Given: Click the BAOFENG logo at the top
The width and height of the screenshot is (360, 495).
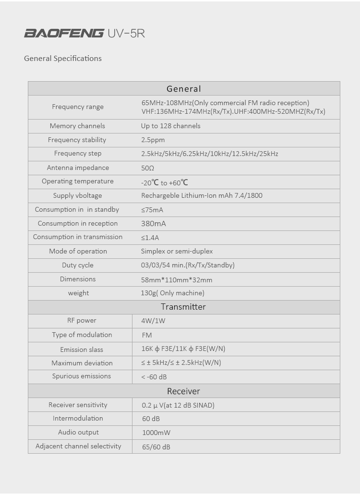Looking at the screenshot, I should [x=64, y=33].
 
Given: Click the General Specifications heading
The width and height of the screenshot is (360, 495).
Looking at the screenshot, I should [x=63, y=59].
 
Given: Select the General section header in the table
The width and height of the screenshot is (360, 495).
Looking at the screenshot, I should [x=183, y=89].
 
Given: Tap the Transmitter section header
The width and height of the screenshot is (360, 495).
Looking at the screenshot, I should [x=183, y=307].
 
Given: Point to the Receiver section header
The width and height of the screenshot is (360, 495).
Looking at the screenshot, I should [x=183, y=391].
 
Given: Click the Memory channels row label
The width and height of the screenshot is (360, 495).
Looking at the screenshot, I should [x=77, y=126].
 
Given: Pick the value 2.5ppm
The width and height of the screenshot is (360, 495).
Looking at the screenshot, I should [x=153, y=140].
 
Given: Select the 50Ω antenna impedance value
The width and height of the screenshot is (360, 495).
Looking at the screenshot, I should [x=147, y=168].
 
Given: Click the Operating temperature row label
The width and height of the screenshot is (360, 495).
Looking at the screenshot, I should [x=78, y=181].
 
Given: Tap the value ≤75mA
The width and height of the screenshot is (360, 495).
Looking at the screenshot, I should [x=152, y=210].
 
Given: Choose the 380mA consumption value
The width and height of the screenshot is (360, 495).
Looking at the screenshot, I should [x=154, y=224].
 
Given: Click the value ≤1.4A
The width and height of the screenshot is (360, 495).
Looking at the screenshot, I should [x=150, y=238].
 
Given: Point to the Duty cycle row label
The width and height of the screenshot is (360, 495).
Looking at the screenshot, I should [x=78, y=266].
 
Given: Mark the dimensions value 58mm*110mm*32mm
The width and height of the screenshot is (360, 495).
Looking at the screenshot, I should [x=176, y=279].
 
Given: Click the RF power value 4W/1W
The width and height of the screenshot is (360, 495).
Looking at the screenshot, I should [x=153, y=321].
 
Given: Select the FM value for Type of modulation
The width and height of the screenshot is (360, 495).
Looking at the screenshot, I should [x=147, y=335].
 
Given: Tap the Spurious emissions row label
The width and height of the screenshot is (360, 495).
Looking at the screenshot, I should [x=82, y=376].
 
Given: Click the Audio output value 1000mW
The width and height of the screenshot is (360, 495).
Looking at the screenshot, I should [x=156, y=433].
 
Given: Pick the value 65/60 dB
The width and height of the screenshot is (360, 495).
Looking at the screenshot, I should [x=156, y=447].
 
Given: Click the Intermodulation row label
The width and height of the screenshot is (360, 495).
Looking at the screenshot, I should [x=78, y=419].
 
